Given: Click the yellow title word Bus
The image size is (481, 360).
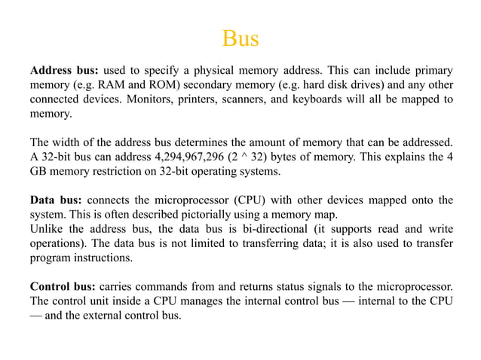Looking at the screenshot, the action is point(240,38).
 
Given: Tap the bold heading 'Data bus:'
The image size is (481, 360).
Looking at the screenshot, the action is point(56,200).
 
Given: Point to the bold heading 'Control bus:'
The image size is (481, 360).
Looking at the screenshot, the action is point(62,286).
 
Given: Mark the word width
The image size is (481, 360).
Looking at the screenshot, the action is point(67,142).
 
